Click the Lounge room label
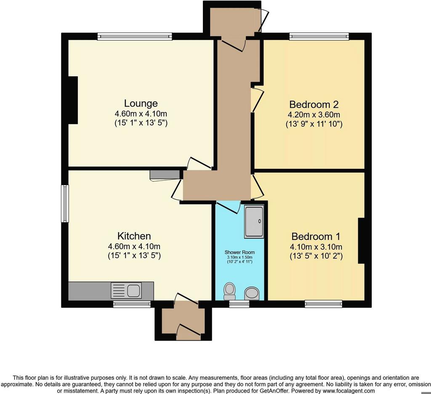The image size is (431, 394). pyautogui.click(x=141, y=104)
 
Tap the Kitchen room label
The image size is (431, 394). pyautogui.click(x=134, y=236)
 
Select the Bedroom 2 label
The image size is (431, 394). pyautogui.click(x=314, y=104)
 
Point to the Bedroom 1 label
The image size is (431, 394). pyautogui.click(x=316, y=237)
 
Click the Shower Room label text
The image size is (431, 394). pyautogui.click(x=239, y=252)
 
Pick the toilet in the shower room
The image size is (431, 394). pyautogui.click(x=229, y=291)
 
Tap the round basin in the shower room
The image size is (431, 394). pyautogui.click(x=252, y=293)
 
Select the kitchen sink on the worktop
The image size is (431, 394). pyautogui.click(x=126, y=290)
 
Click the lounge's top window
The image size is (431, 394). pyautogui.click(x=135, y=36)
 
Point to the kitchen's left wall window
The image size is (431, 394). pyautogui.click(x=64, y=203)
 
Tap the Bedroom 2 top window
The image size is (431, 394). pyautogui.click(x=319, y=36)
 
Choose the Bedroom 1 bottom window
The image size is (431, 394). pyautogui.click(x=323, y=303)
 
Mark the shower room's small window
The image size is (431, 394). pyautogui.click(x=239, y=303)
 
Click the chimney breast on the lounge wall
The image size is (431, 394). pyautogui.click(x=73, y=100)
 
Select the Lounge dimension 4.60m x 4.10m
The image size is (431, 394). pyautogui.click(x=141, y=114)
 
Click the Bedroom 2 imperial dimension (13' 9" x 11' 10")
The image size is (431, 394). pyautogui.click(x=314, y=124)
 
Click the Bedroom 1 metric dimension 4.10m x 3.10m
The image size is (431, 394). pyautogui.click(x=316, y=247)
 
